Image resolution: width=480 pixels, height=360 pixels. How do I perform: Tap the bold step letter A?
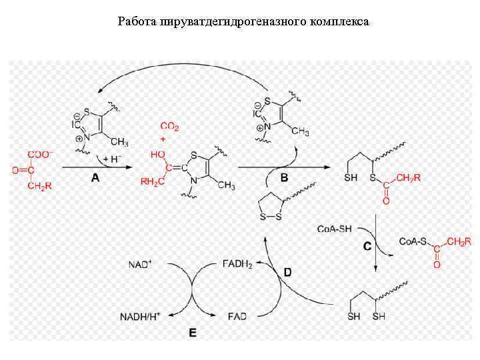[95, 178]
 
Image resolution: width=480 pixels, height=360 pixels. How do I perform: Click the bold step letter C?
[367, 247]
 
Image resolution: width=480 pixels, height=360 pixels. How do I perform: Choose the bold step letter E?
[192, 332]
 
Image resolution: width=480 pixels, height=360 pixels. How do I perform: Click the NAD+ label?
[140, 265]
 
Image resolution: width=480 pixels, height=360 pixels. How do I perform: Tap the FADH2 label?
[237, 265]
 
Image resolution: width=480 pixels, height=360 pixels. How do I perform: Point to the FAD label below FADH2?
[237, 315]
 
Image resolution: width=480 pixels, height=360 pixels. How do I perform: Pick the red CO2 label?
[169, 125]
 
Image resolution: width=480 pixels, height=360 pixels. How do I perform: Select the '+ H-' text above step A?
[112, 160]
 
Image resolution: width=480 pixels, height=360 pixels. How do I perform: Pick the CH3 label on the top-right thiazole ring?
[299, 132]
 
